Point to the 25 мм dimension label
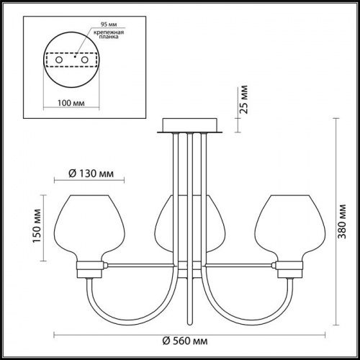coord(246,102)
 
